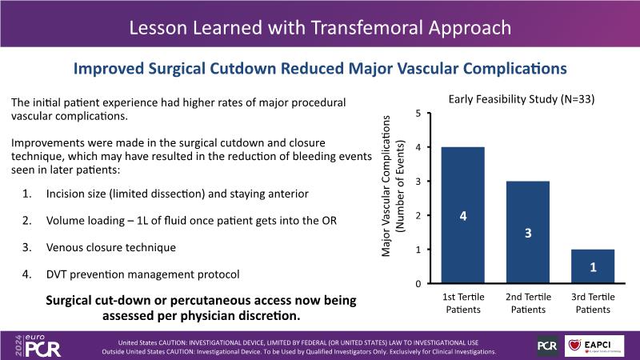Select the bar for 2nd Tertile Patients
coord(529,232)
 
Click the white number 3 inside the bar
coord(529,233)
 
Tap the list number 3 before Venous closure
coord(26,247)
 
